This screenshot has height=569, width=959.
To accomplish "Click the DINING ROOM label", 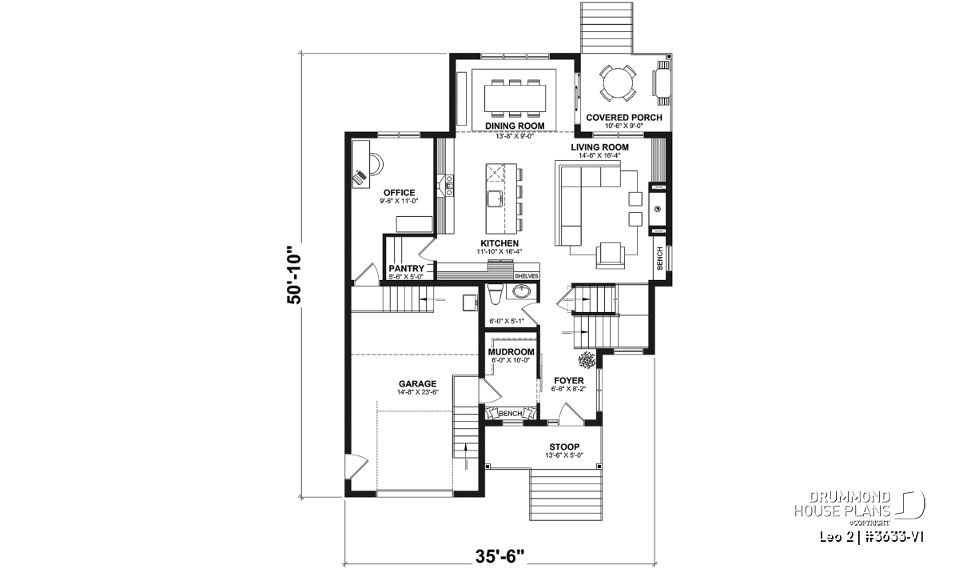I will pyautogui.click(x=515, y=126).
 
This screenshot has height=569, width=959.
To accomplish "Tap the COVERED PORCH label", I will pyautogui.click(x=624, y=118).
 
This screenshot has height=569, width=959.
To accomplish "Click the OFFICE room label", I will pyautogui.click(x=399, y=192).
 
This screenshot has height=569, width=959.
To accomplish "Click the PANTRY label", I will pyautogui.click(x=406, y=269).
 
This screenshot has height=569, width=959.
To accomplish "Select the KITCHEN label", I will pyautogui.click(x=499, y=243).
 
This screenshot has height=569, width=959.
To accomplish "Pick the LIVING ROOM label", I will pyautogui.click(x=599, y=147).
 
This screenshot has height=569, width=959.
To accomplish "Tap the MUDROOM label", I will pyautogui.click(x=511, y=351).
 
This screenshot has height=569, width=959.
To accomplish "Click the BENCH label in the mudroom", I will pyautogui.click(x=510, y=414).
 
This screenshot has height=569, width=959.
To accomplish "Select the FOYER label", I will pyautogui.click(x=567, y=380).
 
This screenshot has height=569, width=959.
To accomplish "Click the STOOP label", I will pyautogui.click(x=564, y=447).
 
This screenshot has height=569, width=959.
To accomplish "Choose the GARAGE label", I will pyautogui.click(x=417, y=383).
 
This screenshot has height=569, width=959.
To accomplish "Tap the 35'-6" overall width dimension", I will pyautogui.click(x=502, y=555).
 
